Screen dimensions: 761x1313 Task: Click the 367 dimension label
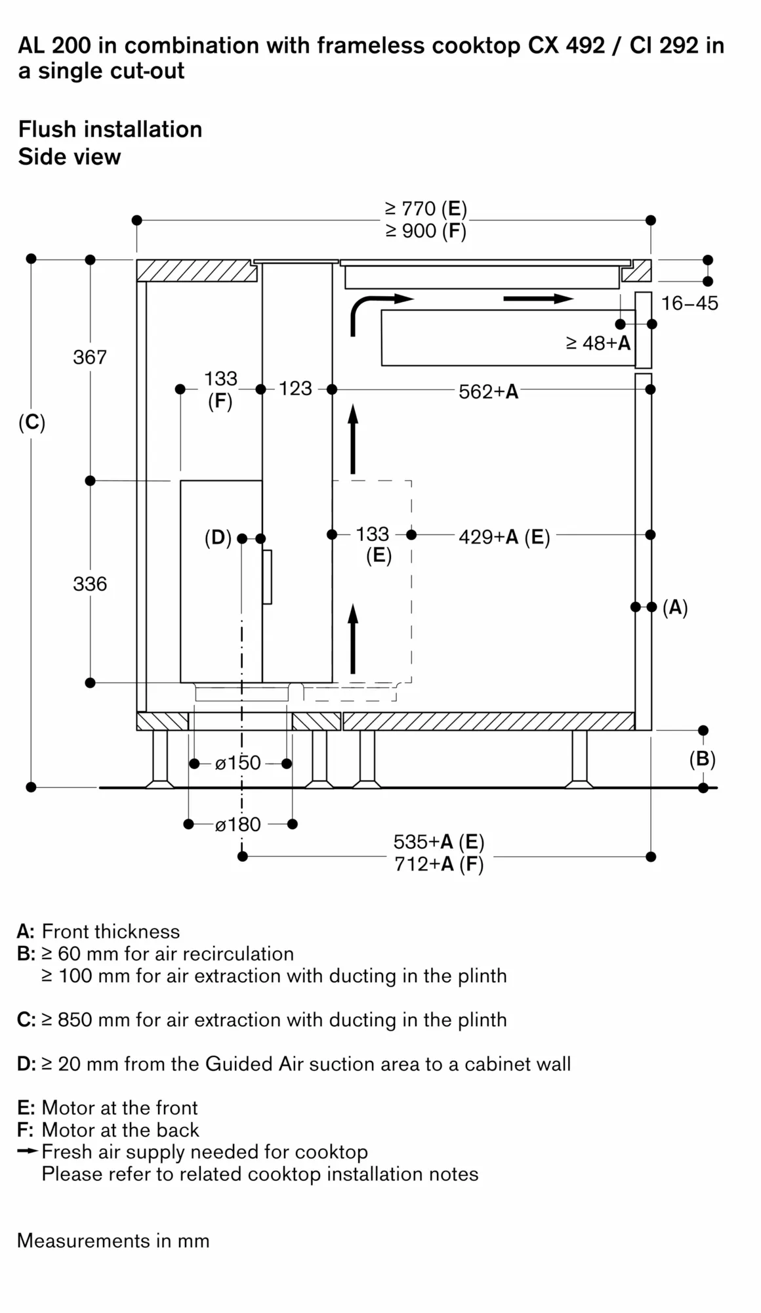click(90, 357)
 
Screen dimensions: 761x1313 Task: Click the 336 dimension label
click(90, 584)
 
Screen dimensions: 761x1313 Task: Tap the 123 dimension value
click(295, 389)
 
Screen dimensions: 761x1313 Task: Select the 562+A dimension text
click(489, 392)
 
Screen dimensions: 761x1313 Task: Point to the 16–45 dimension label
click(689, 303)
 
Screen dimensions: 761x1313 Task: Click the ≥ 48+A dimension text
click(598, 343)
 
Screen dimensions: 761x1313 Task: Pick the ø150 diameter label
click(238, 763)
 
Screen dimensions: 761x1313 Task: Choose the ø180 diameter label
click(238, 824)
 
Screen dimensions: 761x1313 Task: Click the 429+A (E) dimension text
click(504, 537)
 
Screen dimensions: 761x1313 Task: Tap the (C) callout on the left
click(32, 422)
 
